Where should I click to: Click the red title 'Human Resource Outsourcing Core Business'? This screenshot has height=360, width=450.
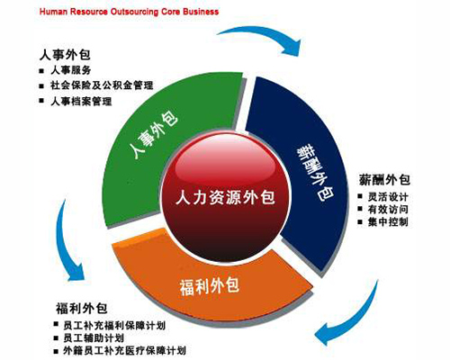pyautogui.click(x=129, y=12)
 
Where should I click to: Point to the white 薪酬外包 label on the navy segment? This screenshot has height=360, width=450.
pyautogui.click(x=315, y=173)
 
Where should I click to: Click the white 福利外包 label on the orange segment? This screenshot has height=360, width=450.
pyautogui.click(x=210, y=286)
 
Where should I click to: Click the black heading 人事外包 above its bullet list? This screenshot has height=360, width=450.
pyautogui.click(x=65, y=55)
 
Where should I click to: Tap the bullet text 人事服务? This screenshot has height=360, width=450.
pyautogui.click(x=71, y=70)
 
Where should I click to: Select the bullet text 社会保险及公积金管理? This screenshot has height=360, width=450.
pyautogui.click(x=102, y=85)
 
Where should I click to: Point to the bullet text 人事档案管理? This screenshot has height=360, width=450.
pyautogui.click(x=81, y=102)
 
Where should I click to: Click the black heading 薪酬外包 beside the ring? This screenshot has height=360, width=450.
pyautogui.click(x=384, y=180)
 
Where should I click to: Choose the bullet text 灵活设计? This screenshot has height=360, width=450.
pyautogui.click(x=388, y=197)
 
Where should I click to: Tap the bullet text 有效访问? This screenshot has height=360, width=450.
pyautogui.click(x=388, y=210)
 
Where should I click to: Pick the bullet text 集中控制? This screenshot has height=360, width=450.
pyautogui.click(x=388, y=222)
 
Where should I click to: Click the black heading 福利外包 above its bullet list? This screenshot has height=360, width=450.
pyautogui.click(x=82, y=308)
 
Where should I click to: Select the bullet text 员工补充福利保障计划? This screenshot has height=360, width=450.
pyautogui.click(x=114, y=326)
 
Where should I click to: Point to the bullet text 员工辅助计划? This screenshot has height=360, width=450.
pyautogui.click(x=94, y=338)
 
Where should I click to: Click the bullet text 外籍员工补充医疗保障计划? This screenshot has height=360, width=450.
pyautogui.click(x=124, y=351)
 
